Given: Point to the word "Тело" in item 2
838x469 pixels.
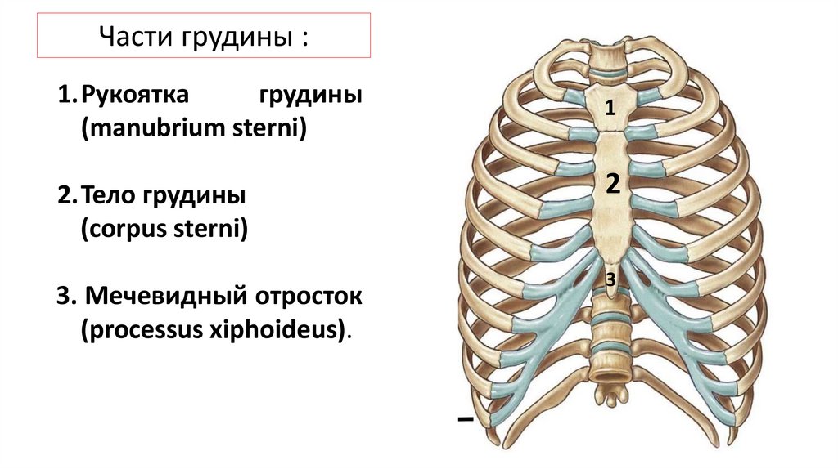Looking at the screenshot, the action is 113,198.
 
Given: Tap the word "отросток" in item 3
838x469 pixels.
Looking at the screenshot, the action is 310,297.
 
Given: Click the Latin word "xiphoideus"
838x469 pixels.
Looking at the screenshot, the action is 286,330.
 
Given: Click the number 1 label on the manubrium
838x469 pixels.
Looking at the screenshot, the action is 610,106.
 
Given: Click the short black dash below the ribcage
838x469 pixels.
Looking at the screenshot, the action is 466,419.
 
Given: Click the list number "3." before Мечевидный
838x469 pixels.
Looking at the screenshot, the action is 67,297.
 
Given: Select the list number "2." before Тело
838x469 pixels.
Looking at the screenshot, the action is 67,198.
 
